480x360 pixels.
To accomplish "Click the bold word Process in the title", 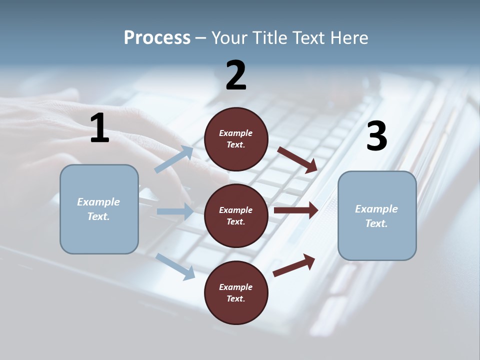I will pos(157,38).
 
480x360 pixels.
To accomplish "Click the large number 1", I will pos(99,128).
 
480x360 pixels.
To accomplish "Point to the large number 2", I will pos(236,75).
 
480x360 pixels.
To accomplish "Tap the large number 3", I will pos(376,136).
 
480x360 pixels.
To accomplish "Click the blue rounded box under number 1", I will pos(99,209).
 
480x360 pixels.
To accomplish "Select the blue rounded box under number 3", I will pos(377,215).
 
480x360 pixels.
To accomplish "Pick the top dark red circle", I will pos(236,139).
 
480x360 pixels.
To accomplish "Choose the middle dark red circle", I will pos(236,215).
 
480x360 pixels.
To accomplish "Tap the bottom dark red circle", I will pos(236,292).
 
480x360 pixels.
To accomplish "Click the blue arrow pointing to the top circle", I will pos(174,159).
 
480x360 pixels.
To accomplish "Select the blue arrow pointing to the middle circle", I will pos(175,211).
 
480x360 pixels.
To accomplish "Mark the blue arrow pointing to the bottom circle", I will pos(175,266).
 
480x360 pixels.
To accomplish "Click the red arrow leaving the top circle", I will pos(297,159).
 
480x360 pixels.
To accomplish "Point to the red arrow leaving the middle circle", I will pos(296,210).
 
